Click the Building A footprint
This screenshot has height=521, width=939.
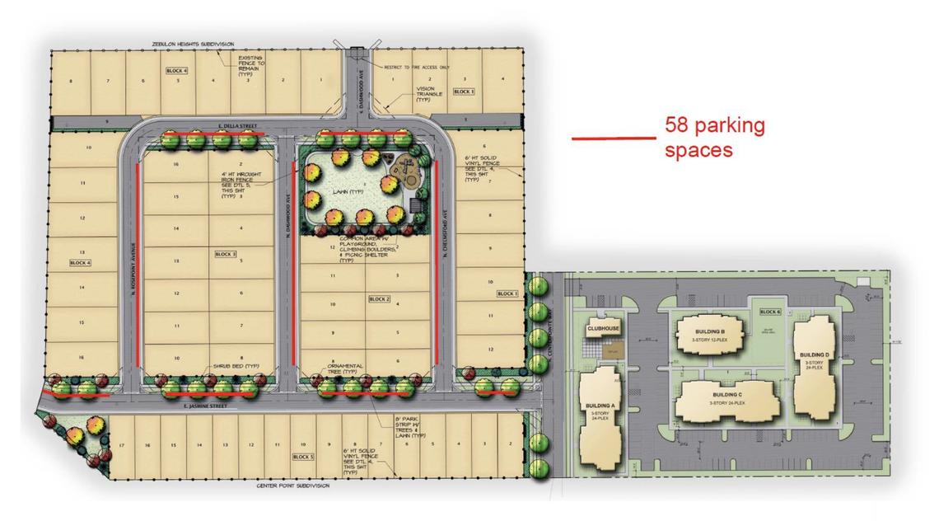coord(600,420)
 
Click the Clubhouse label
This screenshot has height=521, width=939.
coord(603,328)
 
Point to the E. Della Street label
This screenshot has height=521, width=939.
coord(200,124)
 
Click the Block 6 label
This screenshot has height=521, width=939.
coord(769,312)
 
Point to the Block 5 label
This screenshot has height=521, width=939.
coord(303,456)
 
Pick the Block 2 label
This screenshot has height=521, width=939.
coord(379,298)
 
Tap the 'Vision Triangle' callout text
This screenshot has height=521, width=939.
coord(425,92)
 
